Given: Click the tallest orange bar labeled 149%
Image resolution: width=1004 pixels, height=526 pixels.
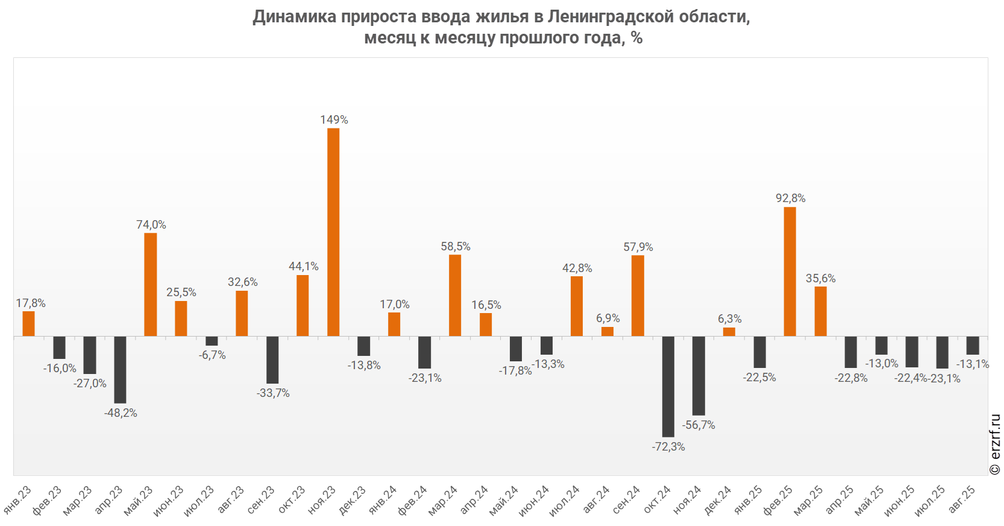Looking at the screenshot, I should coord(333,232).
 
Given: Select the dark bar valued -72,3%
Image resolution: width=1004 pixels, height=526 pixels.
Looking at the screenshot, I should coord(668,386).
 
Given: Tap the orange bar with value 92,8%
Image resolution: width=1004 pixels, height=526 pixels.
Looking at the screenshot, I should coord(789,271).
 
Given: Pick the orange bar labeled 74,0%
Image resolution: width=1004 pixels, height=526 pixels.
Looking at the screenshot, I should coord(151,284).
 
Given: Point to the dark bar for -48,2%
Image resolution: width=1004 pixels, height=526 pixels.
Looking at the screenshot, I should coord(120,369).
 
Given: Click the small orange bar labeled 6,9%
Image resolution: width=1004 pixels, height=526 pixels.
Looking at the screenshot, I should coord(607,331).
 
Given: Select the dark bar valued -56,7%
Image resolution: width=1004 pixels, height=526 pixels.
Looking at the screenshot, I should coord(698,375).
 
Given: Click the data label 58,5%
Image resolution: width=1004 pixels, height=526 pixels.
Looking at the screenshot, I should coord(456,246).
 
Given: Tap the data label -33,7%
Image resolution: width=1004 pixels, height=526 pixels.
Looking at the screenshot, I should coord(273,393).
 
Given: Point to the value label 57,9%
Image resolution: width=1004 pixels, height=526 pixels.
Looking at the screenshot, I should coord(638,247).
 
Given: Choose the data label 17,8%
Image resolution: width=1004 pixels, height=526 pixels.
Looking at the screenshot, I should coord(31,303).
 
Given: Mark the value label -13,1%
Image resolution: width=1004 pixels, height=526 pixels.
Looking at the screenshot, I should coord(972,364).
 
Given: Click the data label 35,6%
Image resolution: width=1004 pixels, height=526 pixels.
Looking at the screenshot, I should coord(821,278).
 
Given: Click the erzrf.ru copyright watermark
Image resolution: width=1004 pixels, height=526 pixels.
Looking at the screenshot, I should coord(995,445).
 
